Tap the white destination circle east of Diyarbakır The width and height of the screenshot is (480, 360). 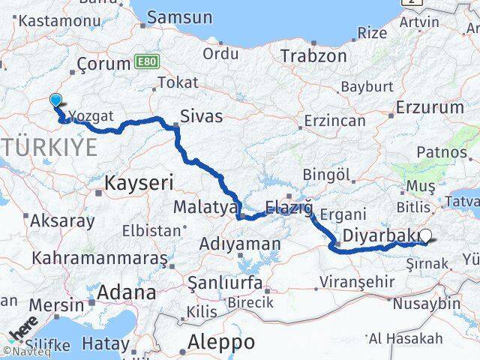[x=426, y=235]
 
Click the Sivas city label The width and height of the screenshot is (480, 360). [x=202, y=116]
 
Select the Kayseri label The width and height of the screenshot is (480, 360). [x=139, y=181]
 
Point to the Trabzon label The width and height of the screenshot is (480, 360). [x=313, y=56]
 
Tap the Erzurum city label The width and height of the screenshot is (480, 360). [x=433, y=108]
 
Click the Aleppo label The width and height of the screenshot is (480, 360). [x=222, y=341]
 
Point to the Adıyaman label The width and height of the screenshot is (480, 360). [x=240, y=244]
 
